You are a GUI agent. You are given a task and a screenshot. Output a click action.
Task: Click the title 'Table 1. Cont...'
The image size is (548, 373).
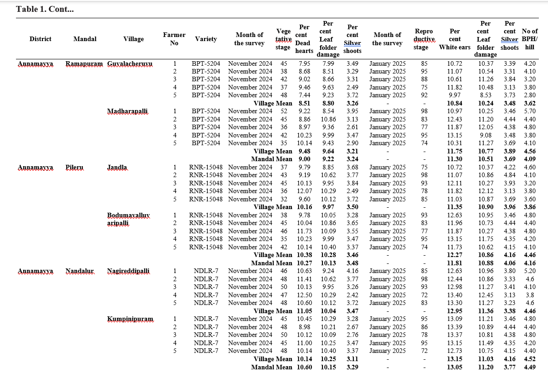(44, 9)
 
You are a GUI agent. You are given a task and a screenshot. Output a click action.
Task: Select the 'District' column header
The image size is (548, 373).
(41, 39)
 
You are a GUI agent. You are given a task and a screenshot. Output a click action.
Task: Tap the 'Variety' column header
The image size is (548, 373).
(206, 39)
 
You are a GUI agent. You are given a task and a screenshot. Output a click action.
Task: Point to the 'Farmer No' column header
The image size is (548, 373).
(174, 39)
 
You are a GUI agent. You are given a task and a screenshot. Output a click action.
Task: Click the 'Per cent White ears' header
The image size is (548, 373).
(455, 39)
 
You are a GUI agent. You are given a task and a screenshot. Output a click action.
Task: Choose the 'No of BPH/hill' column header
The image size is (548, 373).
(530, 39)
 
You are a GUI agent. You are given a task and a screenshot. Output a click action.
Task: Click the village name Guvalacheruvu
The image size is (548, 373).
(130, 63)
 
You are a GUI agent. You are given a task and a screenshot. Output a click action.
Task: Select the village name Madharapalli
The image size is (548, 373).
(127, 111)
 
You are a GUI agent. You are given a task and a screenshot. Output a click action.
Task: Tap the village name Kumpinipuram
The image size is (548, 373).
(130, 319)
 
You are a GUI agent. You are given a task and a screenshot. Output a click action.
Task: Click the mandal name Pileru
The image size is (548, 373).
(74, 168)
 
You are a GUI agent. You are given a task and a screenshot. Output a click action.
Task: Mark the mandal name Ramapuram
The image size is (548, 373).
(84, 63)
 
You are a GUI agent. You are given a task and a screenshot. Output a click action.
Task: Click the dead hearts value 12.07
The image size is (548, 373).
(304, 191)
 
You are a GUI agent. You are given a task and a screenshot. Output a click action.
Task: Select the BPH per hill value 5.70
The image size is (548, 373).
(530, 111)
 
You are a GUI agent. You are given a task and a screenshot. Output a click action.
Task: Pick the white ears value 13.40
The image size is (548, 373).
(455, 295)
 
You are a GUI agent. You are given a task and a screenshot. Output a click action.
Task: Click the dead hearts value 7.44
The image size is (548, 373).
(304, 95)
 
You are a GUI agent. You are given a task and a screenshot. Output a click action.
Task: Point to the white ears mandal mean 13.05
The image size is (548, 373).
(455, 367)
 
